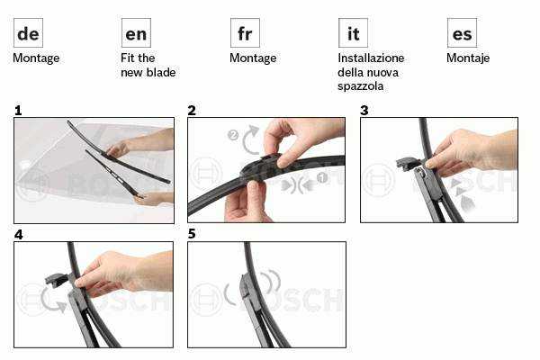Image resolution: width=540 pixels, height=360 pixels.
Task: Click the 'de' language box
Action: coord(28,33)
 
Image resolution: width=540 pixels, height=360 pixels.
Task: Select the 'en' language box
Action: coord(136,33)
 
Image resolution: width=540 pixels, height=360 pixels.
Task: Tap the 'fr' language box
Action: coord(245,33)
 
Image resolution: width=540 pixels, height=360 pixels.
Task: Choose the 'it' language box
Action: coord(353,33)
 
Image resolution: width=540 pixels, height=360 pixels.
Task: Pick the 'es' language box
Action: coord(462,33)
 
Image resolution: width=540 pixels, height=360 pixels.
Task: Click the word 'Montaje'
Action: coord(468,58)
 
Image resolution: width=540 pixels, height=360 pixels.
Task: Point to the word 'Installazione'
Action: coord(371,58)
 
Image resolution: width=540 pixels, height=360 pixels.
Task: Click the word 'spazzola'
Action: coord(360,86)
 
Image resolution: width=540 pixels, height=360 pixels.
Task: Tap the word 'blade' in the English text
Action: coord(161,72)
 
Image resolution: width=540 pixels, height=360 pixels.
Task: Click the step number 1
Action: coord(18,111)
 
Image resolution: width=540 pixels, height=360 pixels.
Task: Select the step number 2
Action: coord(192,110)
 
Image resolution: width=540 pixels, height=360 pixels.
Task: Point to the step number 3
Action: coord(364,110)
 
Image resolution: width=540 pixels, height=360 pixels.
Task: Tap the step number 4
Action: coord(19,235)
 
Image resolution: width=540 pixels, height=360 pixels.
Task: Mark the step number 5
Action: coord(192,234)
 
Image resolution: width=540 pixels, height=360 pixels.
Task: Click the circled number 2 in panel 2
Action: coord(233,135)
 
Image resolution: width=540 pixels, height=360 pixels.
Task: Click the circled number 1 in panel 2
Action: coord(321,178)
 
